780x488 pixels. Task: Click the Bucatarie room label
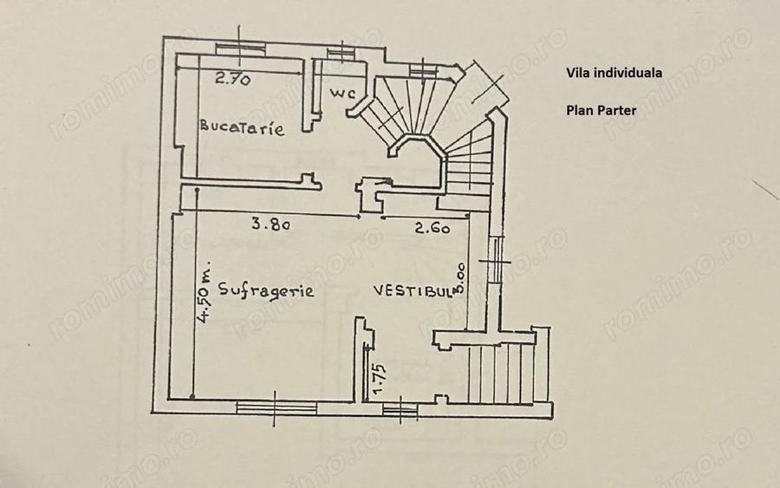pyautogui.click(x=243, y=127)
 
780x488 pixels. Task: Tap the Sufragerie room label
pyautogui.click(x=266, y=290)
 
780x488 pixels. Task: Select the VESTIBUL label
pyautogui.click(x=413, y=291)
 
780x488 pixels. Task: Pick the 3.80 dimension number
pyautogui.click(x=270, y=224)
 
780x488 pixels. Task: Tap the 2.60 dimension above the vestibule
pyautogui.click(x=432, y=229)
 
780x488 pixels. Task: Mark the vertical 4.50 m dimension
pyautogui.click(x=204, y=295)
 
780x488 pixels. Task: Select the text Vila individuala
pyautogui.click(x=614, y=74)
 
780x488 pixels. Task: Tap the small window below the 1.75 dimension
pyautogui.click(x=400, y=407)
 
